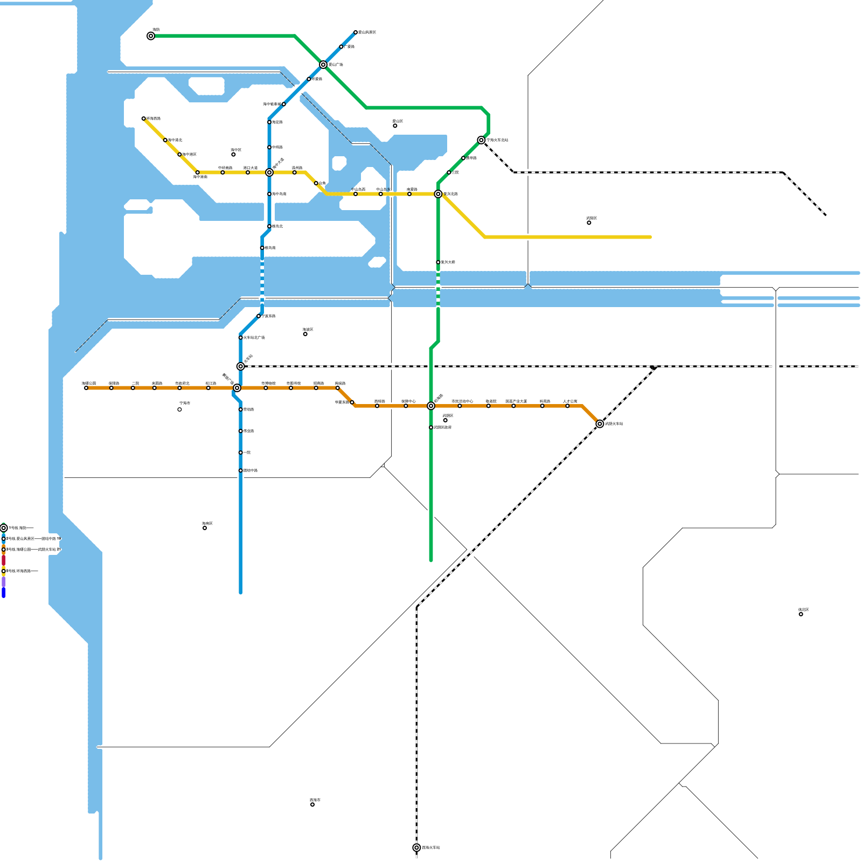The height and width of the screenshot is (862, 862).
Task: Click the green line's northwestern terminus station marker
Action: point(151,36)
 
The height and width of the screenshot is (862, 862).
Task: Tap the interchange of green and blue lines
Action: point(323,65)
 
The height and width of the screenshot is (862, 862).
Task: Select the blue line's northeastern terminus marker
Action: point(356,32)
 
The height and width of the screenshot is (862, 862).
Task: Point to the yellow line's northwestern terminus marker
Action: point(144,119)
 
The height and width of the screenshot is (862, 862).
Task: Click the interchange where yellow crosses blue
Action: point(269,172)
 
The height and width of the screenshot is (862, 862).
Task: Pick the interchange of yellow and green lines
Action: point(438,194)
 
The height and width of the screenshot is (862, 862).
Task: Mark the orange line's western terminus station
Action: point(86,388)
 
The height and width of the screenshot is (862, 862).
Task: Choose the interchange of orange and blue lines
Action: point(237,388)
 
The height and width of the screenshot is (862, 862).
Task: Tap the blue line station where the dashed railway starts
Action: point(241,366)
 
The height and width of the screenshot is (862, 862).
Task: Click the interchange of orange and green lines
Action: point(431,406)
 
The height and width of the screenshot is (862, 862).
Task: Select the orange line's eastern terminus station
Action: point(600,424)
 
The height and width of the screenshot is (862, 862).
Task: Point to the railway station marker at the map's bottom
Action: point(416,847)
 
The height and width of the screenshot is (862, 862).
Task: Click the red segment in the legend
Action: point(3,560)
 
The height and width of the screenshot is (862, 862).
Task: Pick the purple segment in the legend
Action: point(3,582)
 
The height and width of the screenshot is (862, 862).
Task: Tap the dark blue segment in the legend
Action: point(3,593)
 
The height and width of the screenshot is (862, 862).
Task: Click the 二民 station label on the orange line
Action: point(135,383)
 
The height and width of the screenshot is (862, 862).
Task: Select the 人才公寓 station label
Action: point(570,401)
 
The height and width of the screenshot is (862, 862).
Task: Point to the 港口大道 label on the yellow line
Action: point(250,168)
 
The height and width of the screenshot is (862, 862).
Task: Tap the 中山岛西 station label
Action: point(358,189)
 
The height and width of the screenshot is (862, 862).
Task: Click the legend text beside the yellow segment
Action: point(22,571)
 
